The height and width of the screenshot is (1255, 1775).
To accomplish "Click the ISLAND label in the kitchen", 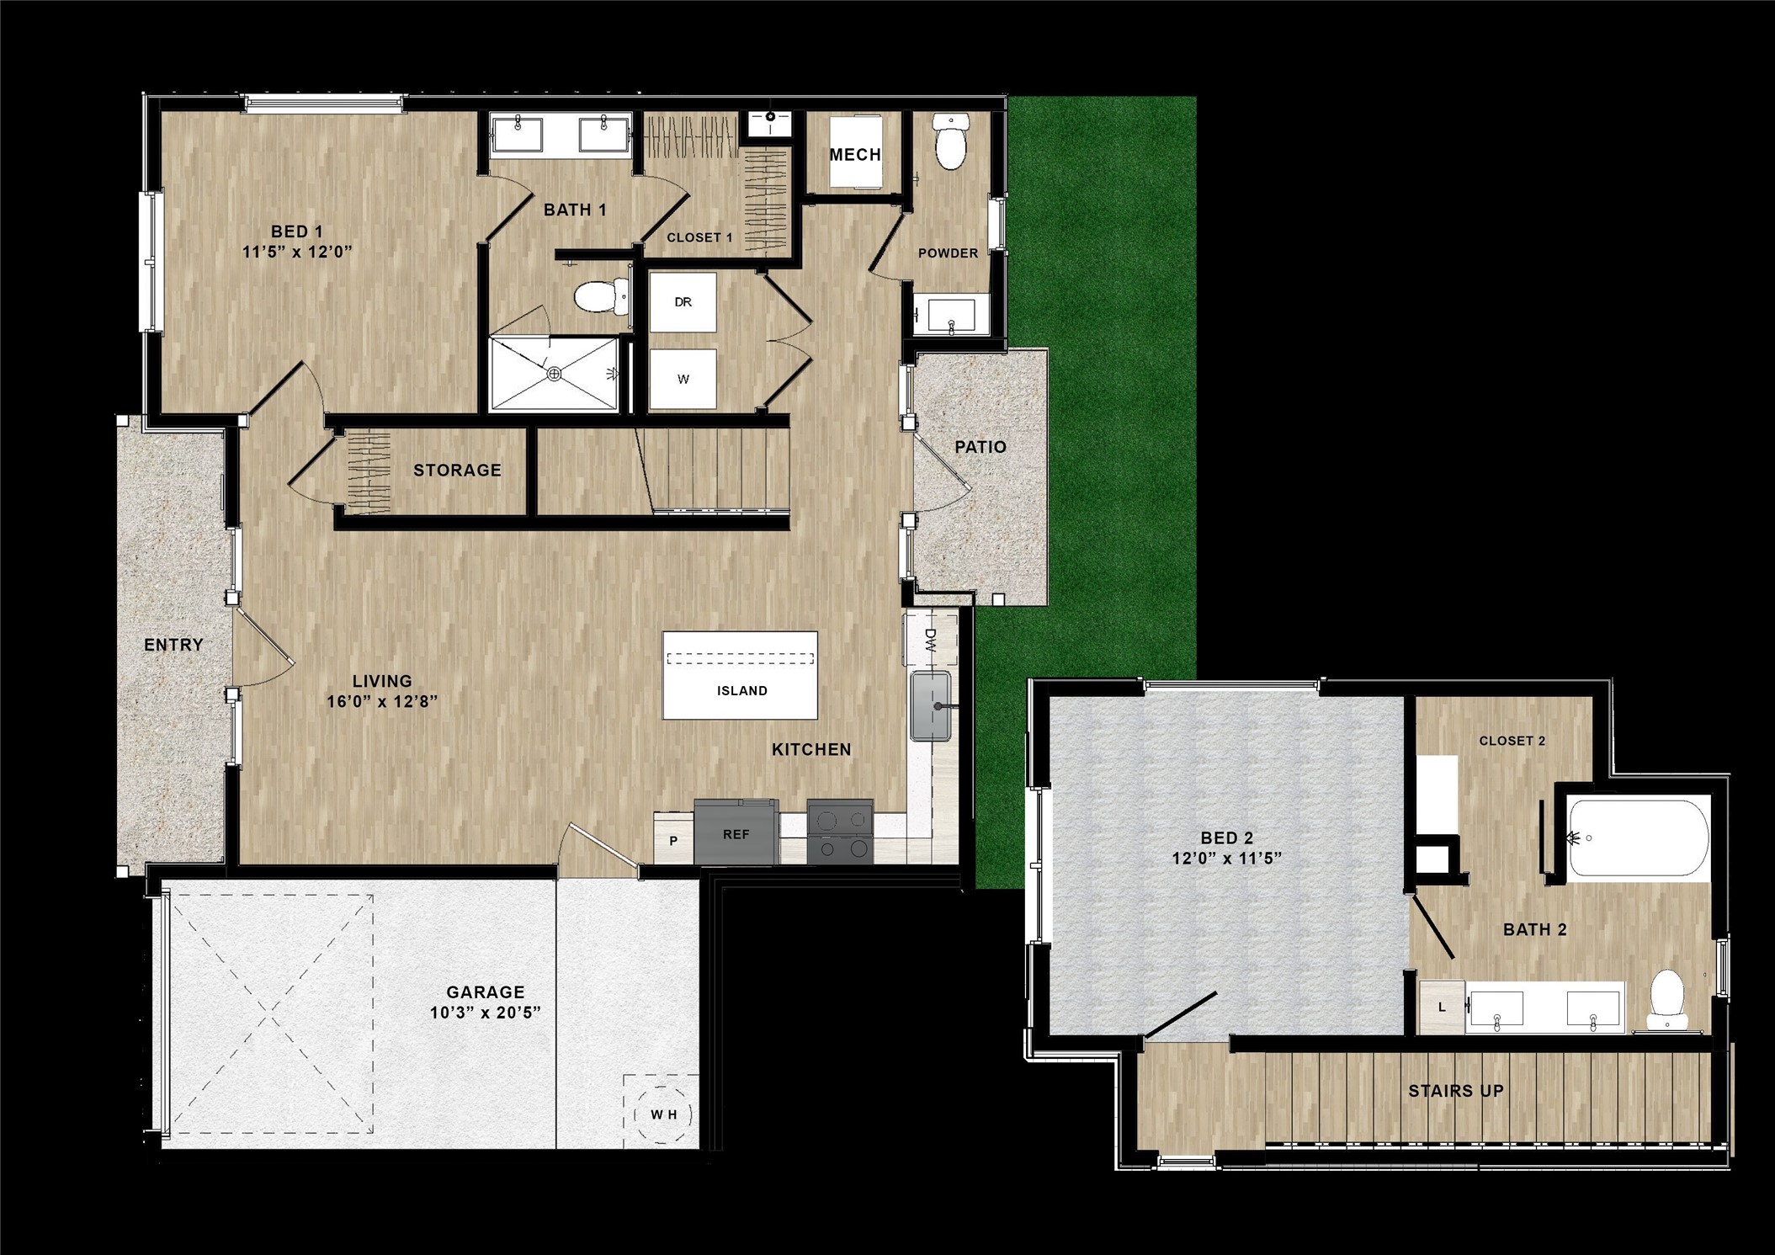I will click(741, 691).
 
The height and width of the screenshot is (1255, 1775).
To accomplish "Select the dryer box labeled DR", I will click(683, 302).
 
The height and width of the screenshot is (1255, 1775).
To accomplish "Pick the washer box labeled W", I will click(683, 380).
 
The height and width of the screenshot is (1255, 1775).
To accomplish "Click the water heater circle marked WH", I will click(663, 1114).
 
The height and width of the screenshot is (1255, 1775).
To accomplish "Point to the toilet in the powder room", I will click(951, 143).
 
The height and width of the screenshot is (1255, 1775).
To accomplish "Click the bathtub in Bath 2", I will click(1638, 839).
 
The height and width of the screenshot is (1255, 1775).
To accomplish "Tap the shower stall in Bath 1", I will click(554, 374).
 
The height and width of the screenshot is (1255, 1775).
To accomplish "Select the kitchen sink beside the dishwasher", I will click(931, 706).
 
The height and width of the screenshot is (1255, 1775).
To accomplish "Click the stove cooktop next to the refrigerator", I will click(839, 832).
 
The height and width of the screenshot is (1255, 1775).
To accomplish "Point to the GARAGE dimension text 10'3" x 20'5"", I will click(485, 1013).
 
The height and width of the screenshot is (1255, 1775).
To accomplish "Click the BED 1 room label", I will click(296, 231).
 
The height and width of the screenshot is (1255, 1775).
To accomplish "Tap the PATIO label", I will click(980, 447).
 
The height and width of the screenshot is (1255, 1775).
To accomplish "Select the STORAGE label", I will click(457, 471).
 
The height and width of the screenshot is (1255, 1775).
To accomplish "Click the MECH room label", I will click(855, 155).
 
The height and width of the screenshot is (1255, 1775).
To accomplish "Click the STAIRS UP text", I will click(1456, 1091).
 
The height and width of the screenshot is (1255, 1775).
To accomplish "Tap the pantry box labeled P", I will click(673, 841).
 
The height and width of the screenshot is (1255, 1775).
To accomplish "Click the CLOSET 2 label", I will click(1512, 741).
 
